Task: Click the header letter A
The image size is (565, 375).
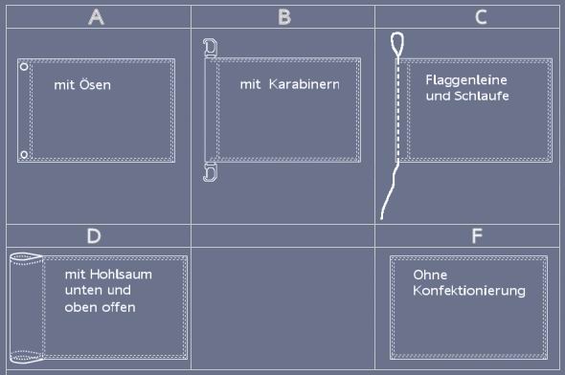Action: coord(95,16)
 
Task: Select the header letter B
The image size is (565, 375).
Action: coord(284,16)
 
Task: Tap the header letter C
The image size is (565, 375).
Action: coord(480,16)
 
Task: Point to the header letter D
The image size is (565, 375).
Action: coord(93,235)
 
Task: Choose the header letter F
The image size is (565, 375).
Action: coord(477,235)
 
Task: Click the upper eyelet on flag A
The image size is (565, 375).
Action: coord(24,68)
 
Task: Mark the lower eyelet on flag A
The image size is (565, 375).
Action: coord(24,154)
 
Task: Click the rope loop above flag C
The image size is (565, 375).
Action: coord(397,41)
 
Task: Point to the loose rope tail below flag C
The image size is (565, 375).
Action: coord(389,196)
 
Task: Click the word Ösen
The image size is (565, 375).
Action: coord(96,85)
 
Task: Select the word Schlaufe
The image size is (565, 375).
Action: coord(481,96)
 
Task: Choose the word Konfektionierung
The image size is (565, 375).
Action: coord(468,291)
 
